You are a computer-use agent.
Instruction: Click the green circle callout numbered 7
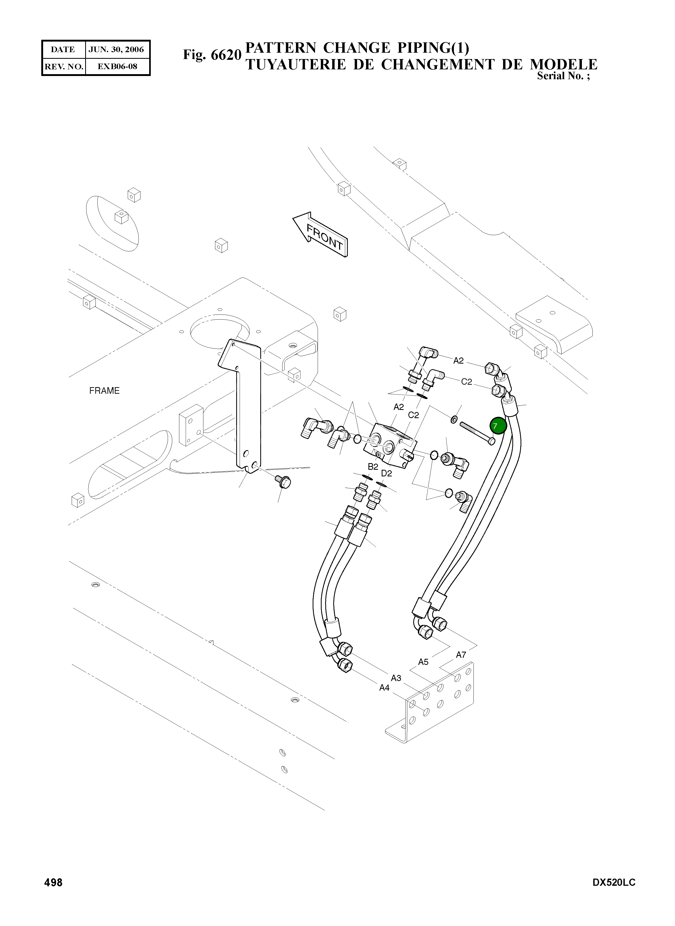498,426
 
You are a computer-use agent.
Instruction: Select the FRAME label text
104,391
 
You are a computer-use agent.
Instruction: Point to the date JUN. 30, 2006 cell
116,50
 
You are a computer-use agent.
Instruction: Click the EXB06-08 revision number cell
117,66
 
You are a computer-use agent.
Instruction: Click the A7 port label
461,655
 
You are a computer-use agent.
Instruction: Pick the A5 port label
423,662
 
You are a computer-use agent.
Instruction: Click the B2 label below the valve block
373,467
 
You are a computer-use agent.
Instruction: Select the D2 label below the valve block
386,473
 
